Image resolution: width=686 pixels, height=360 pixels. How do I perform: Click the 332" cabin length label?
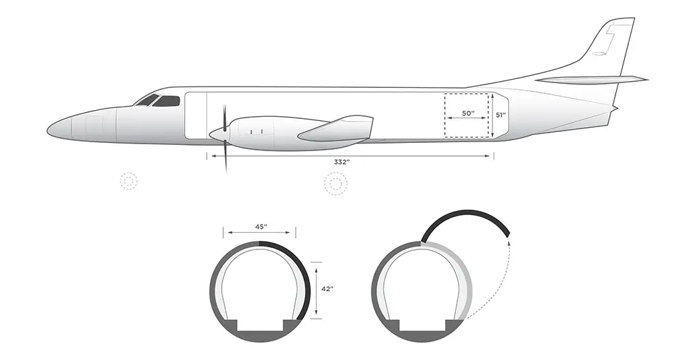click(342, 162)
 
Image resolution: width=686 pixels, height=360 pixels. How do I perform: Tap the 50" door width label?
click(468, 113)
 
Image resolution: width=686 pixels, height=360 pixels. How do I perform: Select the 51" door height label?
click(501, 115)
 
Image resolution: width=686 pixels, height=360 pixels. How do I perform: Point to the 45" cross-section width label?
click(261, 227)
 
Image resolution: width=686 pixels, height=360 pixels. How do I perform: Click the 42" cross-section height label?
click(327, 289)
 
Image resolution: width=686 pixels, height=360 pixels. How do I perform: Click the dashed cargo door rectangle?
click(467, 93)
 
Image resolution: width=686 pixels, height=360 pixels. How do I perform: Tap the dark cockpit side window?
click(166, 101)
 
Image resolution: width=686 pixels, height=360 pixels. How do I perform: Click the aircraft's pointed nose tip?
click(47, 130)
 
